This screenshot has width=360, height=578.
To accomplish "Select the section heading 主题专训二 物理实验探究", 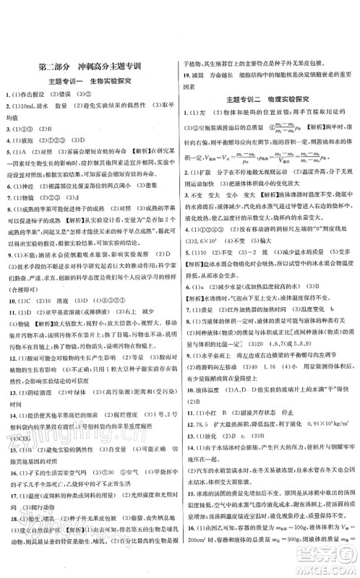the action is [x=268, y=98].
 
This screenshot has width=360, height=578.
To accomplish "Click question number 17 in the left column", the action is [x=7, y=478].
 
